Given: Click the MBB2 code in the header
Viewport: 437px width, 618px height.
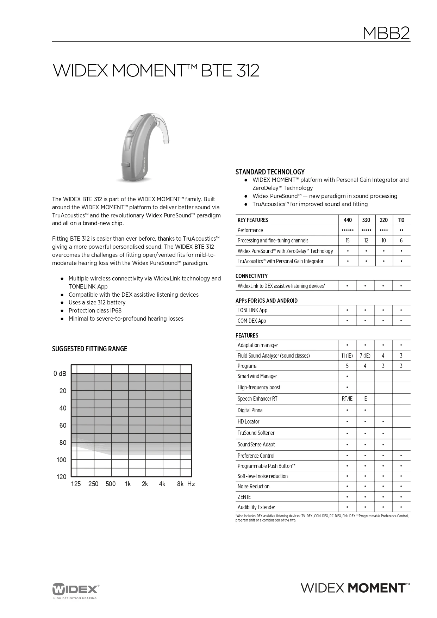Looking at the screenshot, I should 386,33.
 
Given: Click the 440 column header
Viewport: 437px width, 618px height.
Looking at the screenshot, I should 348,220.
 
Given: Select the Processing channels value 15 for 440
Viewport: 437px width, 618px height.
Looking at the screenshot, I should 348,241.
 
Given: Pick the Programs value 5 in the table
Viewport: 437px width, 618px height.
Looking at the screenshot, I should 347,366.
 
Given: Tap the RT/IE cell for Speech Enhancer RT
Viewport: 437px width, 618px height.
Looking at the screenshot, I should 347,399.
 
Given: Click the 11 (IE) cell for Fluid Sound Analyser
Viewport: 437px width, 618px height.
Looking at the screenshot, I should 347,356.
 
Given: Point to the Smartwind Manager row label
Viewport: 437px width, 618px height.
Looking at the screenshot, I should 257,376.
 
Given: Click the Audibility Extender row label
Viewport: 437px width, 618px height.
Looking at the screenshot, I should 256,507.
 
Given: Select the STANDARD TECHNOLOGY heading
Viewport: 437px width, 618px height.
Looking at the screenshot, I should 270,172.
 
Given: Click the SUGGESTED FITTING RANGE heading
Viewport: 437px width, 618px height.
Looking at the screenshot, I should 89,349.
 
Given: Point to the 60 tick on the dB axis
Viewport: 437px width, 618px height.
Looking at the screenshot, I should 63,426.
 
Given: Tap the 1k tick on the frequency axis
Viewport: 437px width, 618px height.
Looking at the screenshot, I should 128,484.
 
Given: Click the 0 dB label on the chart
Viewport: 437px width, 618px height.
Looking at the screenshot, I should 60,374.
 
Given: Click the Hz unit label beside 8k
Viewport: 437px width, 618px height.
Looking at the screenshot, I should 191,484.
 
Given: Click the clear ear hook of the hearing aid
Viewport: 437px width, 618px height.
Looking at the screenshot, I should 164,127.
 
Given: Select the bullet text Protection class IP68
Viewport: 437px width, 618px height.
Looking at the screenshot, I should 95,311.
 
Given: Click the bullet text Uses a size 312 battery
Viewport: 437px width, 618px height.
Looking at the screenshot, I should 97,303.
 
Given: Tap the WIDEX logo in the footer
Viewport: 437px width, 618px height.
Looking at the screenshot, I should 76,589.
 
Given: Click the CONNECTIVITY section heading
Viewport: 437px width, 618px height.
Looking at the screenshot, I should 251,276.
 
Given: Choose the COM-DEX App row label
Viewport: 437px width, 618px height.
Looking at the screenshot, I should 252,321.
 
